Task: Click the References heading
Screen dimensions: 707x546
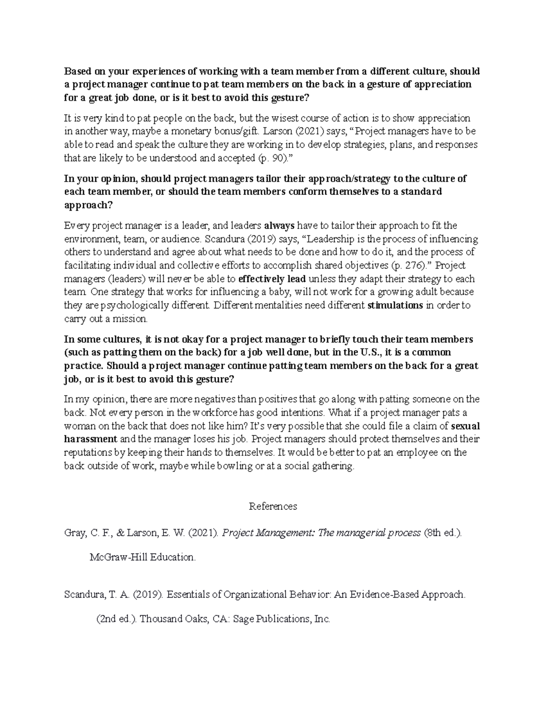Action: point(273,506)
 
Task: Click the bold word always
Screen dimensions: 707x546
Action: point(279,225)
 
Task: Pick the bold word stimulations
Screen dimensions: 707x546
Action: point(395,305)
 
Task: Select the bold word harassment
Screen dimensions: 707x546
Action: point(91,439)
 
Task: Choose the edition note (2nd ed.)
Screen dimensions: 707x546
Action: point(116,619)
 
